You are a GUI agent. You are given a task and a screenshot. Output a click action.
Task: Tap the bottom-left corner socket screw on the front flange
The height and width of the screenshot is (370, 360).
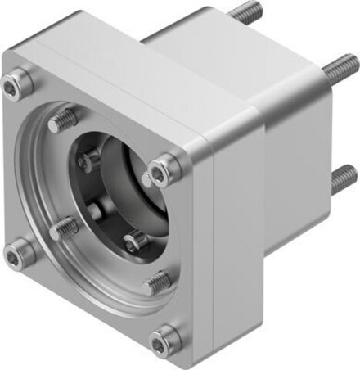coord(15,255)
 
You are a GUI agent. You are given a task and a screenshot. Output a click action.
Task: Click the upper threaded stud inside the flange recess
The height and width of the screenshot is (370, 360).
coord(59,123)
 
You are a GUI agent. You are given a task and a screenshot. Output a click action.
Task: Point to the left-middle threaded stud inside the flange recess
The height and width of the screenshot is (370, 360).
coord(63,230)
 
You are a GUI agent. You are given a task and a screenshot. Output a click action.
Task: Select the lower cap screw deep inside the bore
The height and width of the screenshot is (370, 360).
coord(134,241)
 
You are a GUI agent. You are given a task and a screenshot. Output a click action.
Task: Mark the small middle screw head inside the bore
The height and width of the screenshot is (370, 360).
coord(97,210)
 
